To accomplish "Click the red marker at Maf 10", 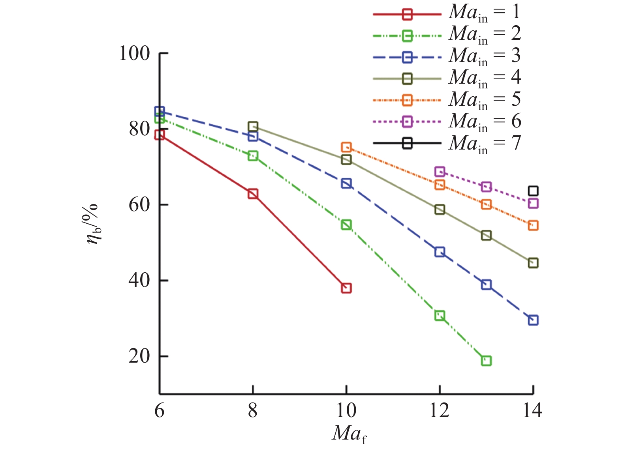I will tap(346, 288).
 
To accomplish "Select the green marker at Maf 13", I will tap(486, 361).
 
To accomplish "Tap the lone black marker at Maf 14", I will tap(533, 191).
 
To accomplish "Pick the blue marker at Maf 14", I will tap(533, 320).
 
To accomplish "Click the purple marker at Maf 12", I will tap(440, 172).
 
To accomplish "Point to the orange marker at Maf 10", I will tap(346, 147).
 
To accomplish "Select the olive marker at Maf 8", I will tap(253, 126).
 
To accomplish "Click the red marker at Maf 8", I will tap(253, 194).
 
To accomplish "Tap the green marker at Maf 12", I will tap(440, 315).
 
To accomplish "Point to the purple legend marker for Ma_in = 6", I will tap(407, 122).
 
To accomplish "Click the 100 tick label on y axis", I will tap(135, 54).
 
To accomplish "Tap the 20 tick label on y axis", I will tap(139, 356).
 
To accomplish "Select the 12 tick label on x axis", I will tap(439, 411).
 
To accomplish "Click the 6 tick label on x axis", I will tap(159, 411).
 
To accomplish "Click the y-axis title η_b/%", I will tap(93, 223).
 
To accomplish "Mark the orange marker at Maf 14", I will tap(533, 226).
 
